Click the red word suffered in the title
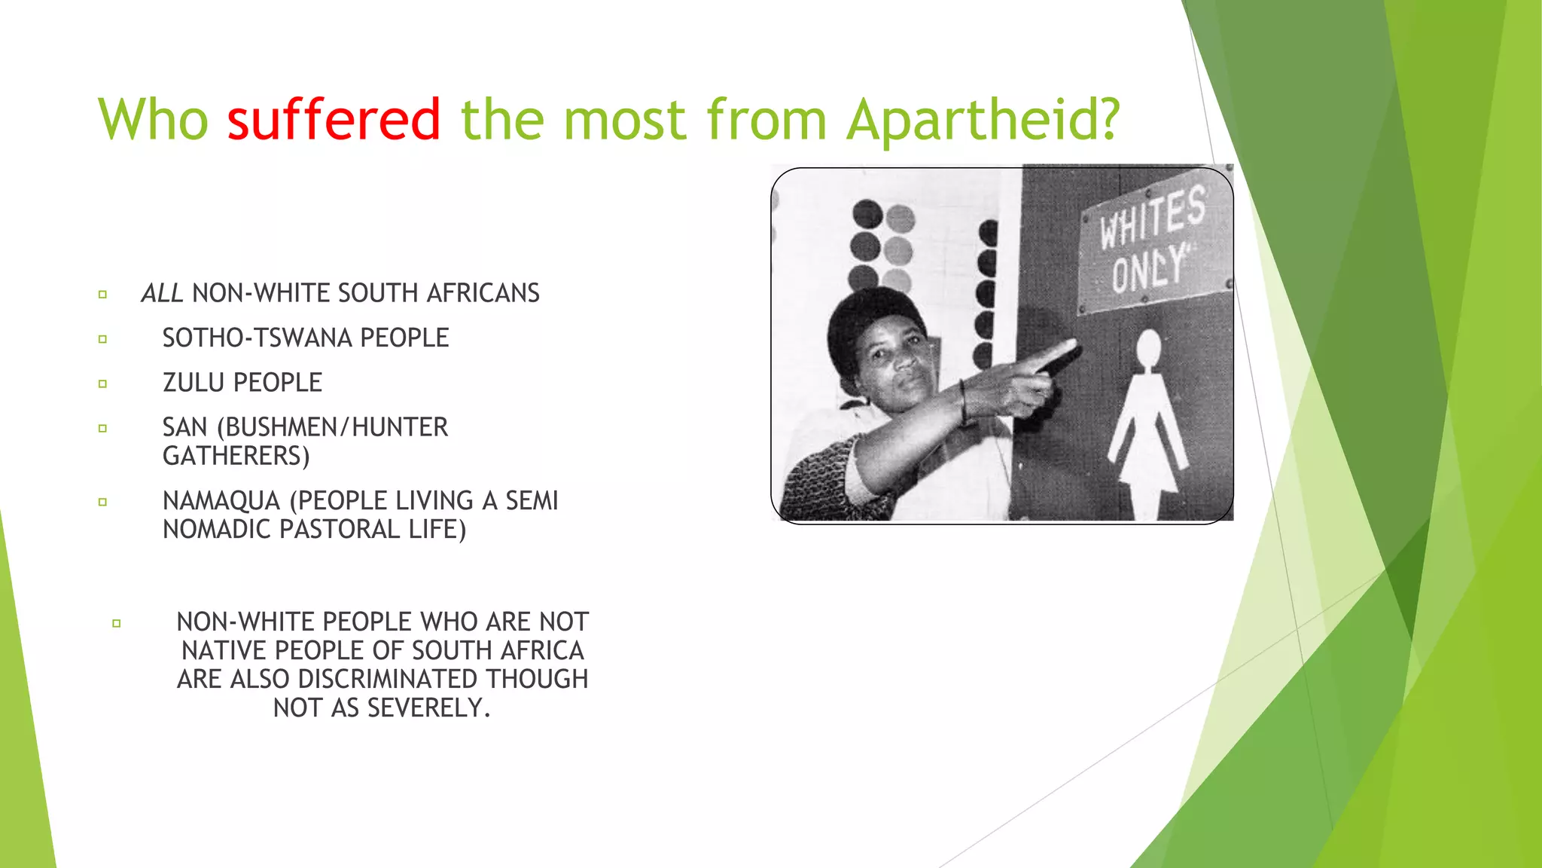tap(334, 119)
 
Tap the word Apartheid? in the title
tap(983, 119)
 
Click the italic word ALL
tap(162, 293)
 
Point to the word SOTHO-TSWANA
tap(258, 338)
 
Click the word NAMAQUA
tap(221, 500)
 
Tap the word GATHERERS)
tap(236, 456)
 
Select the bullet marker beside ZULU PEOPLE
tap(102, 384)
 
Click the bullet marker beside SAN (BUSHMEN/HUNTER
tap(102, 428)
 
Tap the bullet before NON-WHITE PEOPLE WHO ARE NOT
tap(116, 623)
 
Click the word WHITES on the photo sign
tap(1151, 219)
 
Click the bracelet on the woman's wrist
tap(963, 401)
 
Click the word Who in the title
tap(153, 119)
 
